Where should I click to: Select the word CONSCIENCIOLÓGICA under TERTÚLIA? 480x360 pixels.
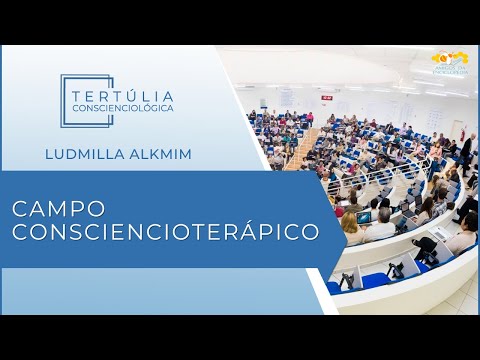click(123, 106)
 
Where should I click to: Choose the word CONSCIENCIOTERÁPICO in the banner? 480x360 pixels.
click(165, 232)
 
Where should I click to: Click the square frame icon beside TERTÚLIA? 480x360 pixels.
click(74, 100)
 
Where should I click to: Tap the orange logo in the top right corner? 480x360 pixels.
click(449, 62)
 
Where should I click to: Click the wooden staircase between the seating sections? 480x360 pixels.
click(300, 150)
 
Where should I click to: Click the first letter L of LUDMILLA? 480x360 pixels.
click(50, 154)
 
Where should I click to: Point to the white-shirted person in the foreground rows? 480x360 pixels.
click(381, 226)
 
